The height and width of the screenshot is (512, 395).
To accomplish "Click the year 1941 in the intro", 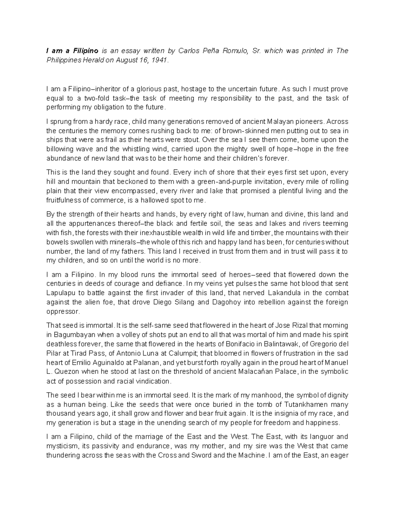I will point(160,60).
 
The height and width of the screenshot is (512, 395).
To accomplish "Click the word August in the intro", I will point(125,60).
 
